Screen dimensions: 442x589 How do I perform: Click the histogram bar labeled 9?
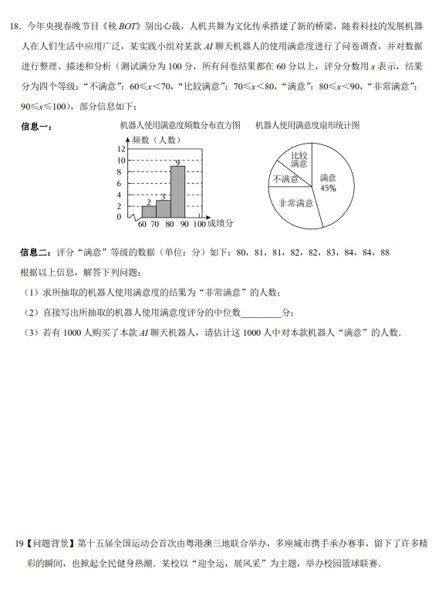tap(177, 191)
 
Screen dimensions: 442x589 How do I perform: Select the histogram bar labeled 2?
tap(148, 212)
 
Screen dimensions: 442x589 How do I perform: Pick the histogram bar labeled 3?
tap(163, 208)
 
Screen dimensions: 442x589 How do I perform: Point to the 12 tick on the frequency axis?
tap(121, 149)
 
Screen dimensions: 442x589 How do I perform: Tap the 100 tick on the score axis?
tap(199, 224)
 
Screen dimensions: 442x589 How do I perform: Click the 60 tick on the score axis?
tap(142, 224)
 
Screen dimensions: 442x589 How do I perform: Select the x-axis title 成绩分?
tap(220, 223)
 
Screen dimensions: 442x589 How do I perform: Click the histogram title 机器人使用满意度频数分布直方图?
tap(181, 125)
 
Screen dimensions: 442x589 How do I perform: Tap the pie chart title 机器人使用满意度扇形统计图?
tap(308, 125)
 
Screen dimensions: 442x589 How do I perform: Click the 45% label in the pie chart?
tap(328, 188)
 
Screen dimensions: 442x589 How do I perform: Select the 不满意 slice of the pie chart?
tap(285, 179)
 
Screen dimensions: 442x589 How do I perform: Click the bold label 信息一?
tap(35, 127)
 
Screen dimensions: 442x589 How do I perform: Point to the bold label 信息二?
tap(35, 252)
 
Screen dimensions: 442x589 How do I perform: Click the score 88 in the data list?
tap(385, 252)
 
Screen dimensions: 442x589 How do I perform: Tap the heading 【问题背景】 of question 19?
tap(47, 544)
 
